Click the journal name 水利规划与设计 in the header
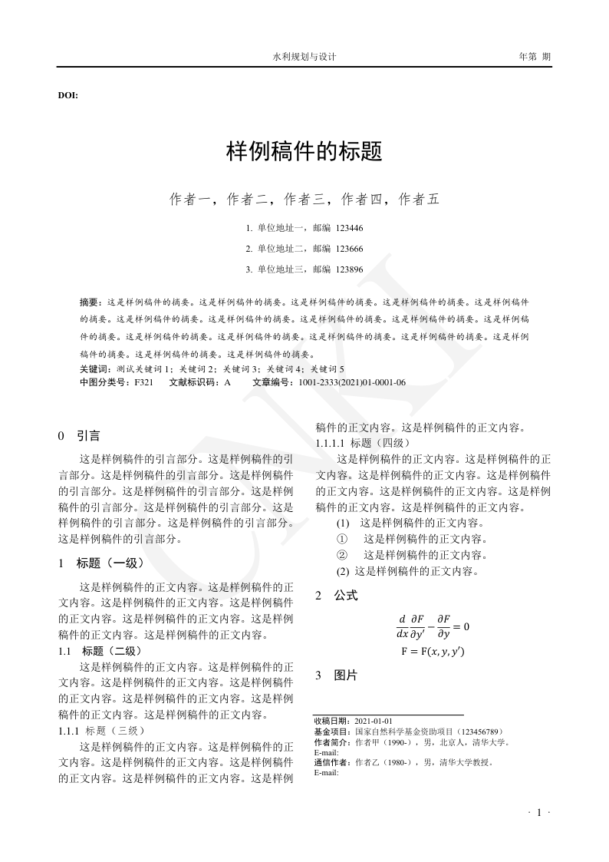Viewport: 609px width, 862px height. (304, 57)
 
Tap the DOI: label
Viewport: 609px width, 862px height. (67, 95)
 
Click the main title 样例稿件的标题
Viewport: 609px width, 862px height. (304, 151)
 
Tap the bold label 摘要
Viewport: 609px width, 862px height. (90, 302)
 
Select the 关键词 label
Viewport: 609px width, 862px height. (93, 369)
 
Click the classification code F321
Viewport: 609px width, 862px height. (143, 382)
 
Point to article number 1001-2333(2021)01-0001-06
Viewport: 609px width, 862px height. (352, 382)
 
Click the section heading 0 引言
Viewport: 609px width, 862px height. (79, 436)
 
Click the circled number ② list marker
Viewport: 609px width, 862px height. (342, 554)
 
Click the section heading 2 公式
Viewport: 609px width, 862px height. (337, 595)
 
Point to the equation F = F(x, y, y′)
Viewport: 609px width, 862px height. (433, 652)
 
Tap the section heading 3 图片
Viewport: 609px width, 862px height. (337, 675)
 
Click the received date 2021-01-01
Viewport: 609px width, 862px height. (374, 722)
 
